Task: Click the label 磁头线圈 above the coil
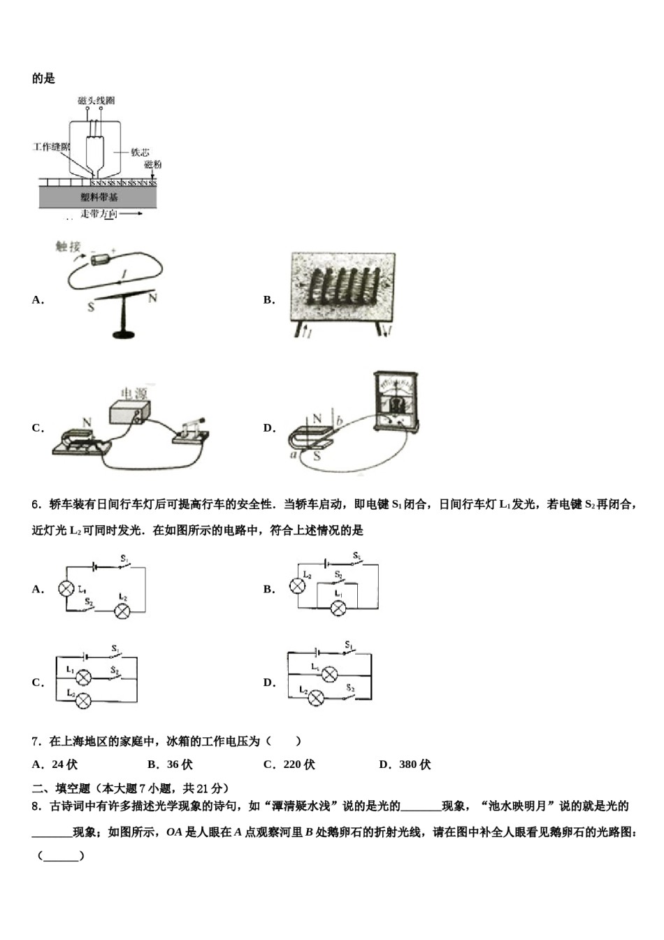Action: tap(96, 101)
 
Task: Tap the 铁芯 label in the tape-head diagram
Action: tap(140, 152)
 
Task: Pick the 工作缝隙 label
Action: tap(51, 147)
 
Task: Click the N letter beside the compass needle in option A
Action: tap(152, 298)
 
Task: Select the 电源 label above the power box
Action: tap(133, 393)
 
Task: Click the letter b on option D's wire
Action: tap(339, 422)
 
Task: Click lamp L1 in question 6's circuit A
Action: tap(66, 589)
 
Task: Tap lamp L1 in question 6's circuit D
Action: tap(329, 674)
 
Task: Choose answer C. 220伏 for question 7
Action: tap(289, 764)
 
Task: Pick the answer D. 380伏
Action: tap(405, 764)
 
